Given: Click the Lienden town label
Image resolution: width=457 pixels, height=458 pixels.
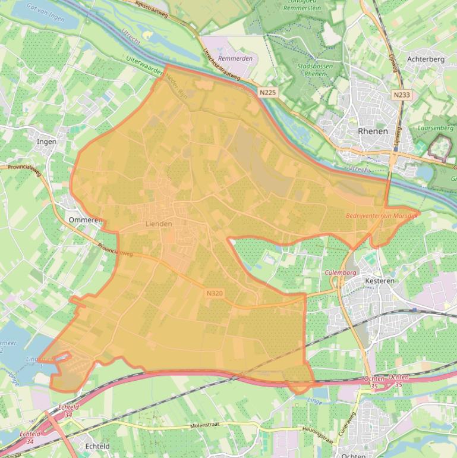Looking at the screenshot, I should coord(159,224).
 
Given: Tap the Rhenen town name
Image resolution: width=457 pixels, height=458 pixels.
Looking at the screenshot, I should coord(373,131).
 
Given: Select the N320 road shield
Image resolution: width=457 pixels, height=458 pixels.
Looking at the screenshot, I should coord(215,293).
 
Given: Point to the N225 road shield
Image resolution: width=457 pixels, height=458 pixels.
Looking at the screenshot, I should coord(268,92).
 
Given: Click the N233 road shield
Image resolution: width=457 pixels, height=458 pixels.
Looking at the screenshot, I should coord(402,95).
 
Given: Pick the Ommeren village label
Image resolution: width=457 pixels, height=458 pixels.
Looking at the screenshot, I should coord(85,219).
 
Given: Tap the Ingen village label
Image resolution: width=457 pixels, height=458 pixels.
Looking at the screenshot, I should coord(47,142).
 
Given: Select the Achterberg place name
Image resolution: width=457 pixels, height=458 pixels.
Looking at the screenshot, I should coord(426,59).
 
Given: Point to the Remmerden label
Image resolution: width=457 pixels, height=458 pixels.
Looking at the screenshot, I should coord(235,58).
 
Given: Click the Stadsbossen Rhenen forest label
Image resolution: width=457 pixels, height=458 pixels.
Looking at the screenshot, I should coord(315,70).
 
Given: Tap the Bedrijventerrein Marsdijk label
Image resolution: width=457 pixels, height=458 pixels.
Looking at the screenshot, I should coord(382,215).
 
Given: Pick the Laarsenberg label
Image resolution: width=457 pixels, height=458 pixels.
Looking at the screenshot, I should coord(435,127).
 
